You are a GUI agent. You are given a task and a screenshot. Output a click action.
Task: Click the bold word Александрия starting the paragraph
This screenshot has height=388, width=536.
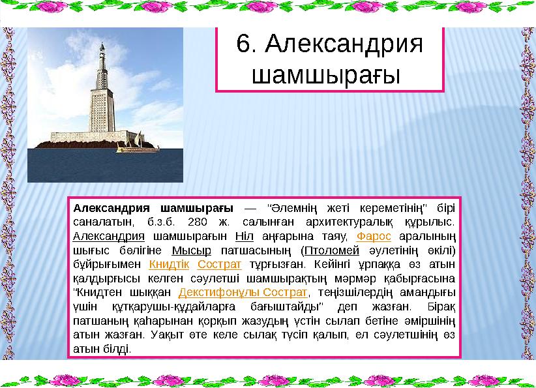pos(112,208)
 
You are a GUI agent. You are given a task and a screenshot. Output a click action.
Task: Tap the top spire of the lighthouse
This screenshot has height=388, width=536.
pos(102,47)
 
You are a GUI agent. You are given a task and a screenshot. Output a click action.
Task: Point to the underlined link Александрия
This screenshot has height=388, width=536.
pos(109,235)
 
